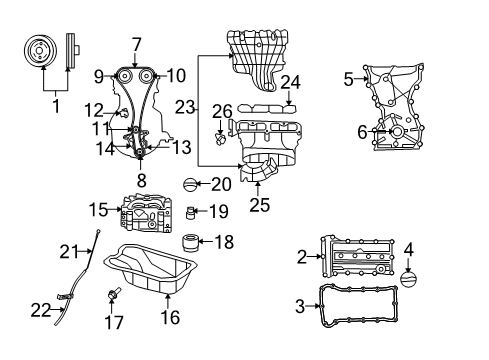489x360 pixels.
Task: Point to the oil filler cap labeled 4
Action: tap(416, 282)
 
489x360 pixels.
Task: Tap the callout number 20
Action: tap(220, 183)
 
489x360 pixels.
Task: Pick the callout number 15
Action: tap(97, 210)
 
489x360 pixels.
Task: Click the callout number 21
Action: tap(67, 250)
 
